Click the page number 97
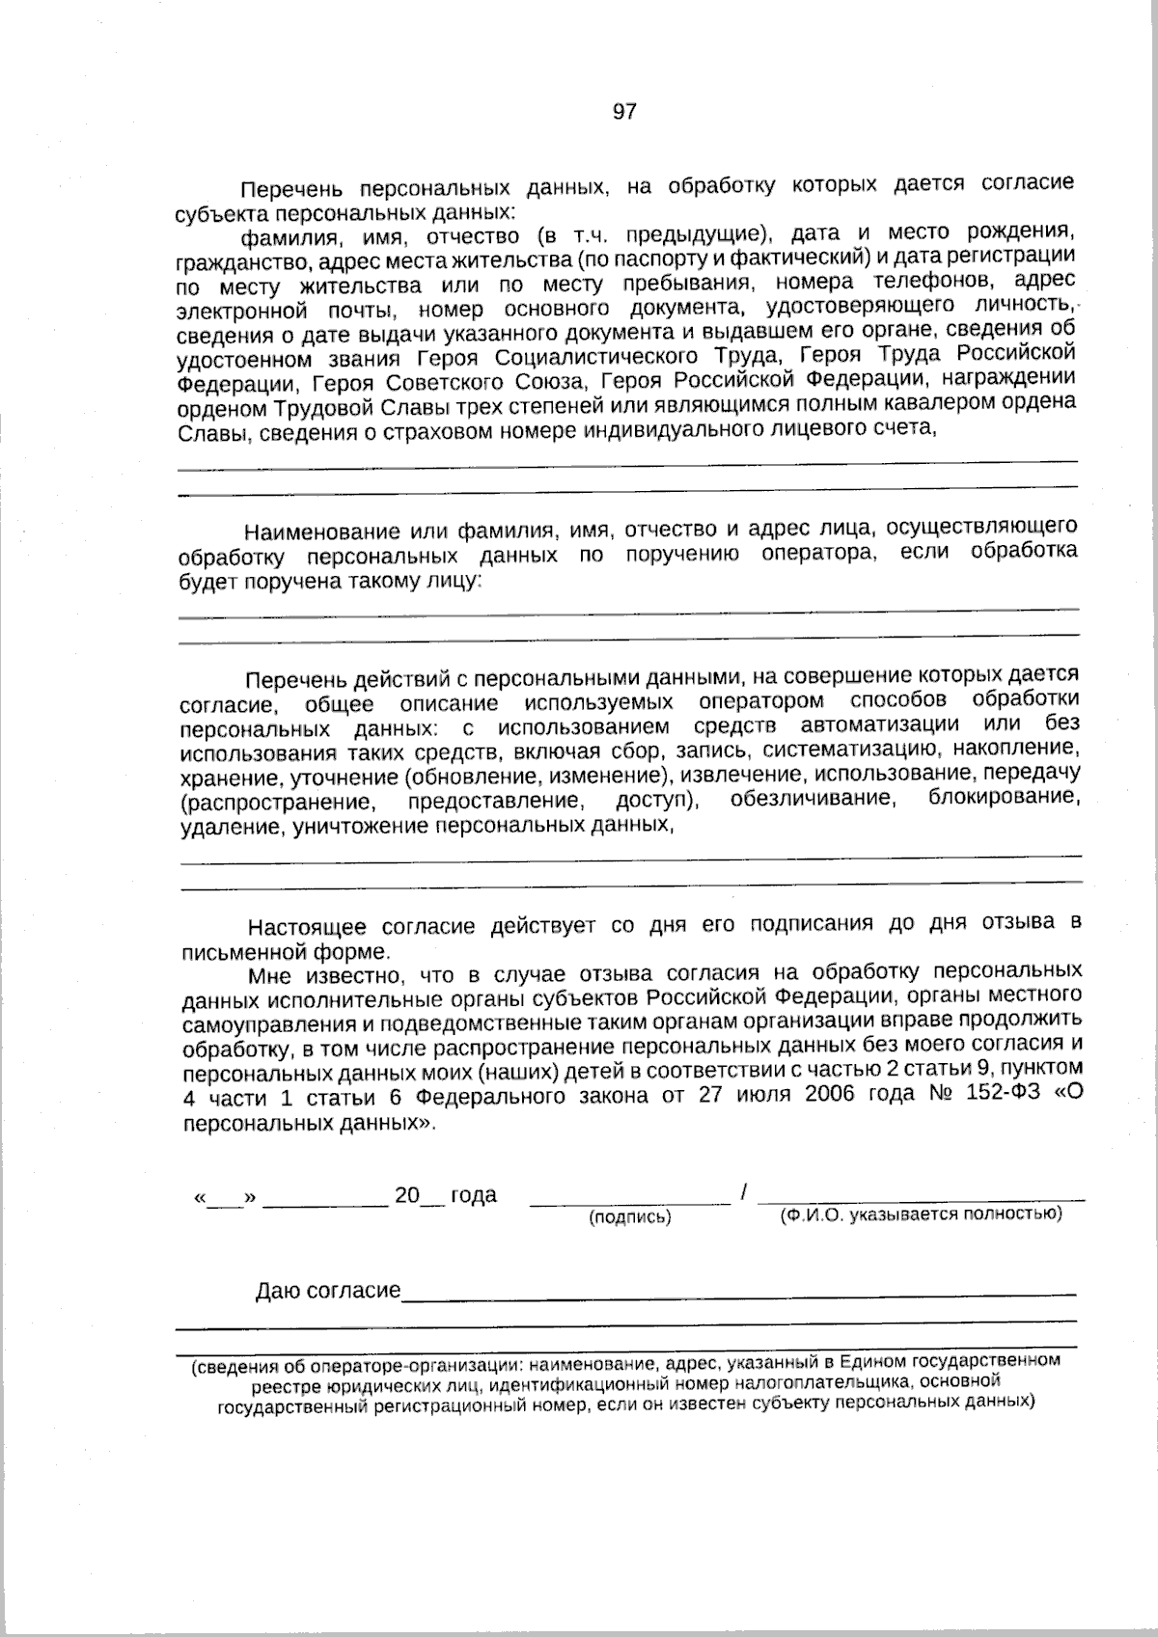[x=624, y=112]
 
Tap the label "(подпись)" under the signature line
[x=630, y=1217]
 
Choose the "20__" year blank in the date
[x=419, y=1196]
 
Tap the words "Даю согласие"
[x=328, y=1291]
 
